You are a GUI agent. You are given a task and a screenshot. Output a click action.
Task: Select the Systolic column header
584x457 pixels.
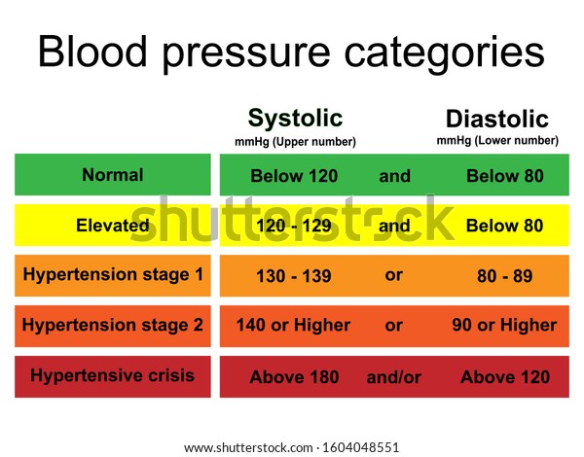click(x=295, y=119)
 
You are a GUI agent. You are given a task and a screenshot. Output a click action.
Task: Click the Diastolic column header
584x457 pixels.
click(x=497, y=119)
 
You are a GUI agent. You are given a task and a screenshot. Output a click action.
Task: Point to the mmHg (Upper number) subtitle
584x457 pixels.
click(x=295, y=142)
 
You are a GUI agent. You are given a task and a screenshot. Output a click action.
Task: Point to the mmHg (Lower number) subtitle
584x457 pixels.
click(x=497, y=141)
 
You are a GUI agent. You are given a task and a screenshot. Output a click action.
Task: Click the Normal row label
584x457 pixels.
click(x=113, y=175)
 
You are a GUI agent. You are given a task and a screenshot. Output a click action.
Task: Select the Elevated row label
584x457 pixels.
click(x=113, y=226)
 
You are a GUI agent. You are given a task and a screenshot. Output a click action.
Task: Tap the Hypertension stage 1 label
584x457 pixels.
click(x=113, y=275)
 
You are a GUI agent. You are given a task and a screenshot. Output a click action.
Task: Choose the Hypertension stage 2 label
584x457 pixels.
click(x=113, y=326)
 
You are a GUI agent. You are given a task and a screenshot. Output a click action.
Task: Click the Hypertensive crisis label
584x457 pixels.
click(x=113, y=375)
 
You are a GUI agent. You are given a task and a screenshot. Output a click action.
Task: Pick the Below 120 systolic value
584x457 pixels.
click(x=294, y=176)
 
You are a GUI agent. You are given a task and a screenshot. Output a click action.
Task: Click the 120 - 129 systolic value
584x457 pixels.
click(x=294, y=226)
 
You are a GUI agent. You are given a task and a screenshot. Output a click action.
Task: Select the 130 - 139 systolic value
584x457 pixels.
click(x=294, y=276)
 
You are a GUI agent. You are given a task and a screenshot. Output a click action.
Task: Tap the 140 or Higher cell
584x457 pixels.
click(x=294, y=326)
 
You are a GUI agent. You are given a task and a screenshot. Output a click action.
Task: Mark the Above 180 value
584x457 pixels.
click(x=294, y=377)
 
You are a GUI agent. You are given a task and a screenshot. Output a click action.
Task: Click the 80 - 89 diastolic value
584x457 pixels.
click(x=504, y=276)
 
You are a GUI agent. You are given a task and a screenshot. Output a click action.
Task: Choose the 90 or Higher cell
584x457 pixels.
click(x=504, y=326)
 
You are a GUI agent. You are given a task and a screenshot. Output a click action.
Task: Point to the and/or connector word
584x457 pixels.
click(x=394, y=377)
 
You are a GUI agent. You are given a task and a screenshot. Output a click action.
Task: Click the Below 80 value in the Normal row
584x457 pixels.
click(x=505, y=176)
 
